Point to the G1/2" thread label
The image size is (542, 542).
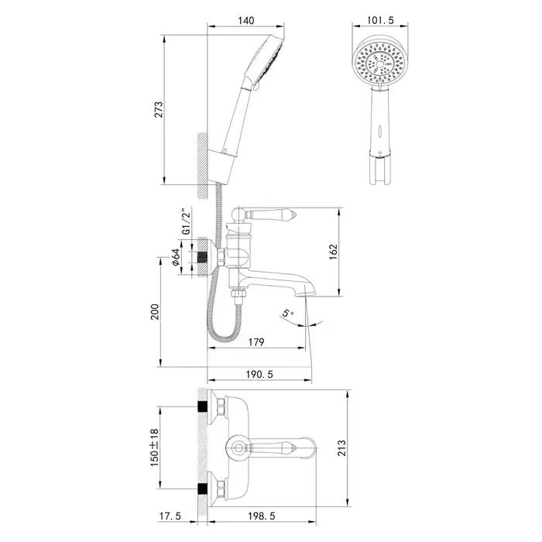185,222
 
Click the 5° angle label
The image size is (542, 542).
287,314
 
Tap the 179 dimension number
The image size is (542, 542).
258,342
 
